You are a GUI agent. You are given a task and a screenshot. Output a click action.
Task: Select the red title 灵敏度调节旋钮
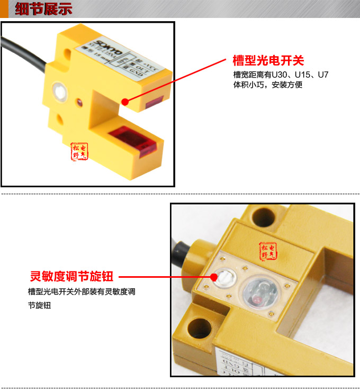click(x=71, y=276)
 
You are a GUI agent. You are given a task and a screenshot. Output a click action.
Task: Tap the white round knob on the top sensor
click(x=59, y=92)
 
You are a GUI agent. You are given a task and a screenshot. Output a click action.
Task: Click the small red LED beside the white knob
click(x=79, y=99)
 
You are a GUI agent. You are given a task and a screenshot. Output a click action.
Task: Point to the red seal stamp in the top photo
click(x=80, y=151)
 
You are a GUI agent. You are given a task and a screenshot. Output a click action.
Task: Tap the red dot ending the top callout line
click(x=125, y=101)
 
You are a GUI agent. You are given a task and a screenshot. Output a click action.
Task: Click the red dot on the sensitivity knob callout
click(x=214, y=276)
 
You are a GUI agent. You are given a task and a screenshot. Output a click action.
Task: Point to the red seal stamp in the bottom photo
click(x=267, y=251)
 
